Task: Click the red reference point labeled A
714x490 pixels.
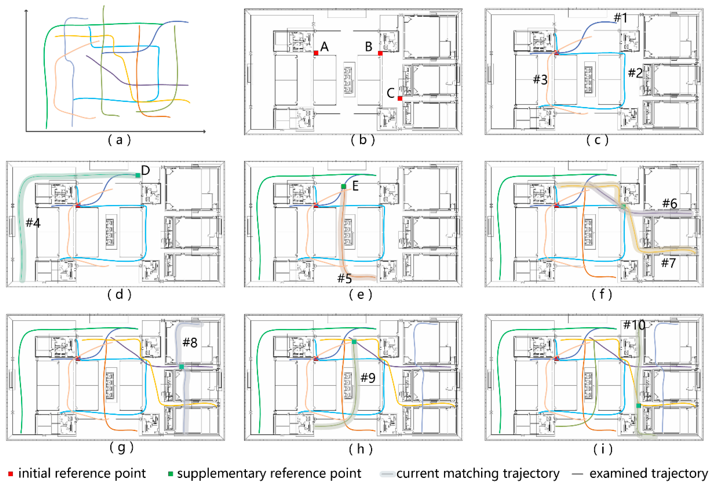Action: [316, 53]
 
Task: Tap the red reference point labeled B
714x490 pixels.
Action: [380, 53]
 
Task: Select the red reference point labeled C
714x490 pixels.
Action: [400, 98]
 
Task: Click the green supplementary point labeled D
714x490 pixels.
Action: [138, 175]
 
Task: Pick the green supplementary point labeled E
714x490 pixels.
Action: [343, 186]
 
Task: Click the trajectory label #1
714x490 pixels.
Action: [620, 18]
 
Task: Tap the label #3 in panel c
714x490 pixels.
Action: [540, 80]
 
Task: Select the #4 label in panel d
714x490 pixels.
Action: [33, 222]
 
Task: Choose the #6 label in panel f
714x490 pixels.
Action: [670, 203]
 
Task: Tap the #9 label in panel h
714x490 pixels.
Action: [368, 378]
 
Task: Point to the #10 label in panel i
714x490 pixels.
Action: [634, 325]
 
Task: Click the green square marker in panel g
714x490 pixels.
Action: [181, 367]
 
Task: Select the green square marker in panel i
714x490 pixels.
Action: [638, 406]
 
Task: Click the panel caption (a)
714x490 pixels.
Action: [119, 140]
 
